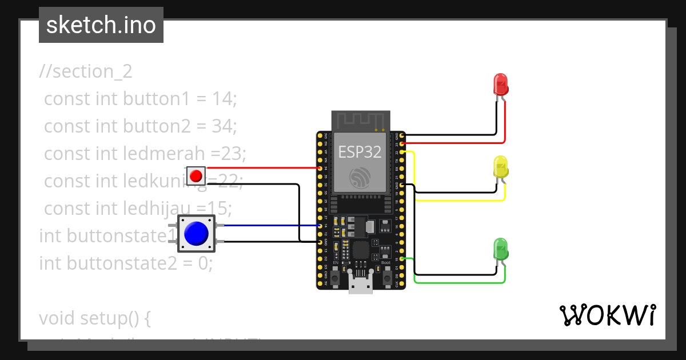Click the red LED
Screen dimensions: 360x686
(x=501, y=85)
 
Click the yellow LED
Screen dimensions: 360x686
(x=501, y=167)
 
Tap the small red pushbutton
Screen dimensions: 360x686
(x=196, y=175)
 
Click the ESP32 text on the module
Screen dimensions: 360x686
(x=360, y=151)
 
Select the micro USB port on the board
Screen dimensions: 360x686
(x=360, y=283)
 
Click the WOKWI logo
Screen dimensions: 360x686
(x=607, y=315)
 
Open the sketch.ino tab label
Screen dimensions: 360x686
(x=101, y=25)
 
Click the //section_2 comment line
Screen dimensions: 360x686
(x=86, y=71)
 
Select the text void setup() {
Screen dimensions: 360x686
(x=94, y=318)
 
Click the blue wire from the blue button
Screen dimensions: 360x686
(x=269, y=226)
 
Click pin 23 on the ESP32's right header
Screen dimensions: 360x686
(x=403, y=144)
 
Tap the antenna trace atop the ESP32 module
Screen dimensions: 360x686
(x=360, y=121)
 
